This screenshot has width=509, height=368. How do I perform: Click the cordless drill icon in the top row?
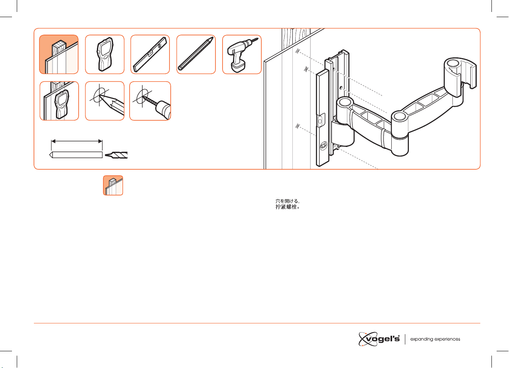pos(242,55)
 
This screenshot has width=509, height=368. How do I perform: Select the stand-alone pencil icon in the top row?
pos(196,55)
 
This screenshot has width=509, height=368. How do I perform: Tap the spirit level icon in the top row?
pos(150,55)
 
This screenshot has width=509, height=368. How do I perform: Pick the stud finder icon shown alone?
pos(105,55)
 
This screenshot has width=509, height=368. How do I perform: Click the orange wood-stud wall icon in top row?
pos(59,55)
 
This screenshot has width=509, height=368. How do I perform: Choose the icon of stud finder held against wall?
pos(59,101)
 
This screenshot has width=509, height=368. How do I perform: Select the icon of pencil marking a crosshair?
pos(105,101)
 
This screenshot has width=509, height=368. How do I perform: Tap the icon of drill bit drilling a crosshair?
pos(150,101)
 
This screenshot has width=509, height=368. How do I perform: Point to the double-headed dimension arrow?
pos(77,141)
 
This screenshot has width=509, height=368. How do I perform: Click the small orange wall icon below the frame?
pos(113,185)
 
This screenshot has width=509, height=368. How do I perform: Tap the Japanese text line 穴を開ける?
pos(288,201)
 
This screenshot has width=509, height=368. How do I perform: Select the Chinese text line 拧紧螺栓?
pos(288,207)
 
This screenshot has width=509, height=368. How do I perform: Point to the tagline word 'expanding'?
pos(422,339)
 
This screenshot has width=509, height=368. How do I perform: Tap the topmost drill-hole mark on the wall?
pos(298,51)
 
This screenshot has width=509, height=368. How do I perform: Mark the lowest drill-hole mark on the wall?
pos(298,126)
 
